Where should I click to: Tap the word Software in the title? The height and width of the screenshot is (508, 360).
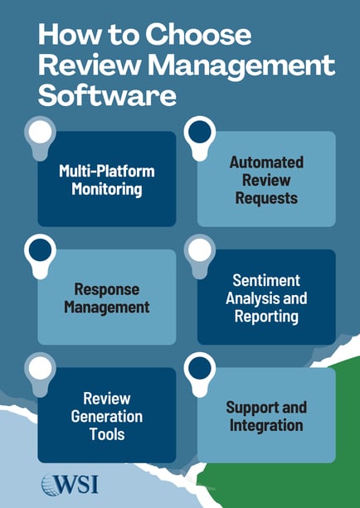(x=107, y=94)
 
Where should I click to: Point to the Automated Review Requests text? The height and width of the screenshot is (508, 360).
(x=266, y=180)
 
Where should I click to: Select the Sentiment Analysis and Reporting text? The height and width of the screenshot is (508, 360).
(x=266, y=298)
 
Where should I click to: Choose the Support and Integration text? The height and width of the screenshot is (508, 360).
(x=266, y=417)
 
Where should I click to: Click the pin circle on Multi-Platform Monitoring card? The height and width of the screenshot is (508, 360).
(x=39, y=132)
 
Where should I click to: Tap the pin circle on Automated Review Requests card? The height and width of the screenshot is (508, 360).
(x=198, y=132)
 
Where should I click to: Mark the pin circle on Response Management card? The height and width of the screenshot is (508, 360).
(x=41, y=250)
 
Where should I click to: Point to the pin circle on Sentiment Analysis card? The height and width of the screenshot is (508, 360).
(x=199, y=250)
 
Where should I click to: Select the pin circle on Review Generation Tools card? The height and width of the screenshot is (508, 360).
(x=40, y=368)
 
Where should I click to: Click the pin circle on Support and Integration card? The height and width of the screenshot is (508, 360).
(x=199, y=368)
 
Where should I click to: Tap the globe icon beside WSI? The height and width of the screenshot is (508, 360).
(x=49, y=483)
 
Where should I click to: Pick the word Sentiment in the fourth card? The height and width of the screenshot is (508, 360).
(x=266, y=281)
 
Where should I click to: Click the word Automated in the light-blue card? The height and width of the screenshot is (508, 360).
(x=266, y=162)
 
